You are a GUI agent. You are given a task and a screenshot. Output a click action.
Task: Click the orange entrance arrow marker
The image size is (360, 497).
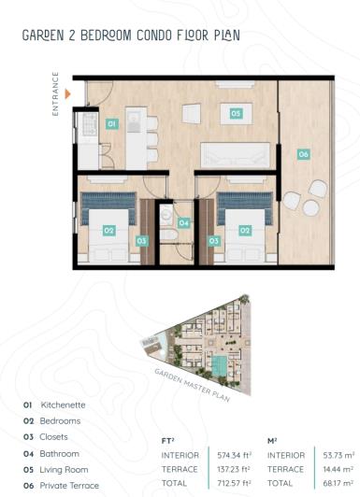pos(67,93)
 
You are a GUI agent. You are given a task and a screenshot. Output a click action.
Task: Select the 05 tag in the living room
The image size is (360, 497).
pos(236,114)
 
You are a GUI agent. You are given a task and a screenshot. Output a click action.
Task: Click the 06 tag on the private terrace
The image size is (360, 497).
pos(303,153)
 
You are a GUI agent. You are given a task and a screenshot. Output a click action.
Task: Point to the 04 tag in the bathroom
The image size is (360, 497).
pos(184,223)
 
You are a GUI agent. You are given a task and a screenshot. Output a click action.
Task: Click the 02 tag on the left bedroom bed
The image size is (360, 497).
pos(108,230)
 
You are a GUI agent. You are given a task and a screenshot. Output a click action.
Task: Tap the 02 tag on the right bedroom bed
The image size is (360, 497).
pos(245,230)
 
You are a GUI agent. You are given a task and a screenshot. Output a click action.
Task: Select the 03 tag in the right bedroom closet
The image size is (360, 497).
pos(213,241)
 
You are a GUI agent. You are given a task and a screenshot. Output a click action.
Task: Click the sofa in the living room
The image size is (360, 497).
pos(236,155)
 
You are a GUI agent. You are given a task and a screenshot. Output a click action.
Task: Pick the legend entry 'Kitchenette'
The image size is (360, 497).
pos(62,405)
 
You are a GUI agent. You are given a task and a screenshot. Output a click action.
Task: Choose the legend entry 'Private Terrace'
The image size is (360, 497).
pos(68,486)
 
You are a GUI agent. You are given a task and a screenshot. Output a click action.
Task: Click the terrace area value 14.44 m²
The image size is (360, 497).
pos(335,469)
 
